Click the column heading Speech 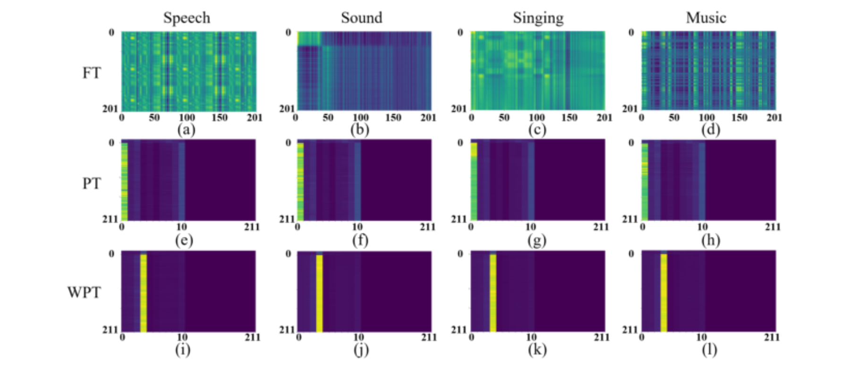(x=187, y=18)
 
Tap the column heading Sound (x=362, y=18)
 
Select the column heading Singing (x=538, y=18)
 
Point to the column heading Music (x=706, y=18)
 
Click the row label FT (x=92, y=73)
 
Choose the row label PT (x=92, y=183)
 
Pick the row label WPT (x=84, y=292)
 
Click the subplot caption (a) (x=186, y=129)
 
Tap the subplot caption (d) (x=711, y=129)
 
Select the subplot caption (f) (x=360, y=240)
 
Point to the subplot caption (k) (x=537, y=350)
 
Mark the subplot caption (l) (x=709, y=350)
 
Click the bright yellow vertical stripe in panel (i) (x=144, y=293)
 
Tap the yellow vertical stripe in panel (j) (x=319, y=293)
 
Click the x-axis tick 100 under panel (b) (x=361, y=117)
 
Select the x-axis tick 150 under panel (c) (x=569, y=117)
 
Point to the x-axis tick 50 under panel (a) (x=154, y=117)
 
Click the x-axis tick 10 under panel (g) (x=531, y=227)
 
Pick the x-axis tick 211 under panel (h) (x=773, y=227)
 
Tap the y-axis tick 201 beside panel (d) (x=629, y=109)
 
